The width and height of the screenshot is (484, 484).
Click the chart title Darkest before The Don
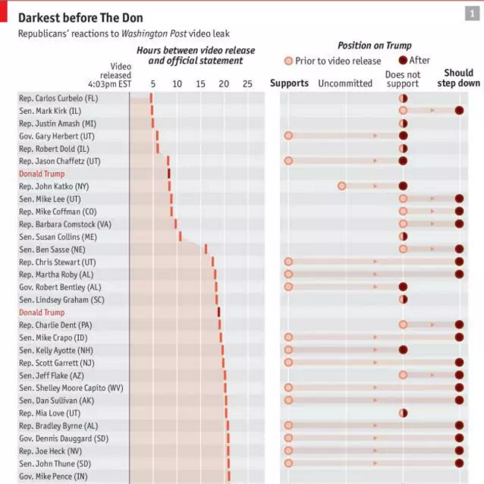[80, 17]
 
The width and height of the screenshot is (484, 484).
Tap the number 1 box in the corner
[472, 14]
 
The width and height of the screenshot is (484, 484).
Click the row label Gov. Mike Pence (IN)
[53, 476]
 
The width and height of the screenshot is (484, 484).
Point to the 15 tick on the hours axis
[200, 83]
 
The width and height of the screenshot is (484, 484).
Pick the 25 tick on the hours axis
[247, 83]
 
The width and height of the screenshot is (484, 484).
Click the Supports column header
[289, 83]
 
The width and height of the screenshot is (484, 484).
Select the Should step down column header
[458, 78]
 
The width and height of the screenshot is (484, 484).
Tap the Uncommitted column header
[345, 83]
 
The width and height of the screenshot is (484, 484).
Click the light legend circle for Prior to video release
[289, 61]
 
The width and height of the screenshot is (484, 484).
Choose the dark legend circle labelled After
[403, 60]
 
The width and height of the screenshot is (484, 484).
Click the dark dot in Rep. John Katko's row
[403, 186]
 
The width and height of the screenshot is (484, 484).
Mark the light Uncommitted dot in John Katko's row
[342, 186]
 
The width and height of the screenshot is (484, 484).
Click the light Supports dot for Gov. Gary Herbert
[288, 136]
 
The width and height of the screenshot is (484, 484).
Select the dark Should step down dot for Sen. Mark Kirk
[459, 110]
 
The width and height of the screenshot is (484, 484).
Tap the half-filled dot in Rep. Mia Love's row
[403, 413]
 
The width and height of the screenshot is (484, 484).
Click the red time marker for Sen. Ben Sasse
[206, 249]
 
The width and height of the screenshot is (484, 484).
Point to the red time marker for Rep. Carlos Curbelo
[151, 98]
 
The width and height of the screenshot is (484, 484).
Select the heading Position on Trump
[375, 45]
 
